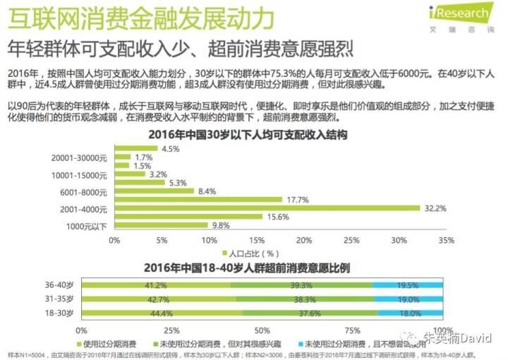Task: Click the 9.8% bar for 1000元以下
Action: click(x=161, y=225)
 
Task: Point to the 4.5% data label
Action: click(x=170, y=149)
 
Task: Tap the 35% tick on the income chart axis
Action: click(x=446, y=241)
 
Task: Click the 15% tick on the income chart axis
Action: click(x=256, y=241)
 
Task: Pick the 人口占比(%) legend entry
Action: click(x=250, y=253)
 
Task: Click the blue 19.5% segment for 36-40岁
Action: click(x=408, y=285)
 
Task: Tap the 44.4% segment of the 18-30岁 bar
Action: click(x=161, y=313)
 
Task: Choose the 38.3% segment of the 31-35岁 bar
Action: click(x=305, y=299)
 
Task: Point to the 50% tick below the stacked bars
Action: click(x=262, y=330)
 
